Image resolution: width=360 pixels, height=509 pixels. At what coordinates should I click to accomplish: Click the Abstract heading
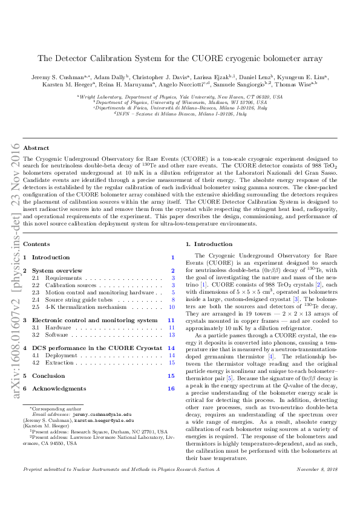[36, 148]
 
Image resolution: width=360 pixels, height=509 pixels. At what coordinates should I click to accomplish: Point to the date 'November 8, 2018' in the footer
[316, 486]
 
